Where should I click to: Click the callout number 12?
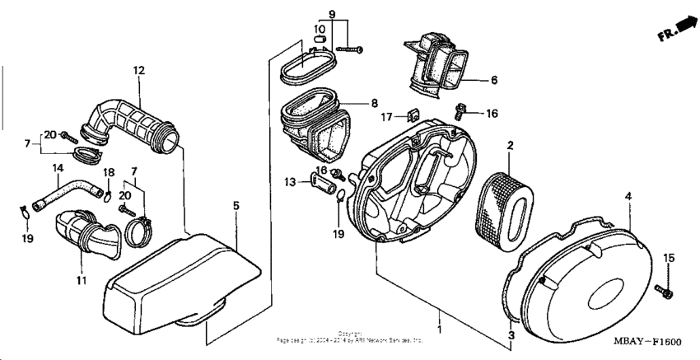(138, 69)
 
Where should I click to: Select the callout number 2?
(510, 146)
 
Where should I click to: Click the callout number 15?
(669, 259)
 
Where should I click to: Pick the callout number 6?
(494, 81)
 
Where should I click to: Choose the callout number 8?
(374, 104)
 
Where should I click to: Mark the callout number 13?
(289, 181)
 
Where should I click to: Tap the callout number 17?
(388, 117)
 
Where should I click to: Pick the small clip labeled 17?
(414, 115)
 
